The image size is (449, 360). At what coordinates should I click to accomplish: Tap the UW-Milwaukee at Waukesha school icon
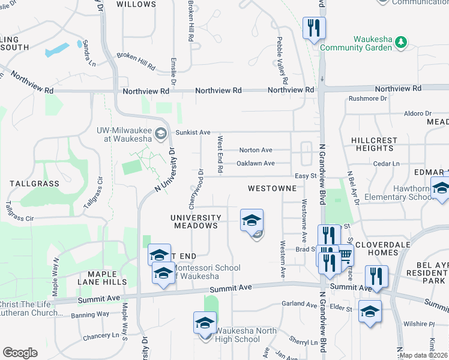point(160,134)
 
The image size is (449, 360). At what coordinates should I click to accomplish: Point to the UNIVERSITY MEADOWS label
point(195,221)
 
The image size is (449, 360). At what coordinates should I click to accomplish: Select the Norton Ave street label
point(256,150)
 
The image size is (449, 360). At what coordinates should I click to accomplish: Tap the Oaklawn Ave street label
point(256,163)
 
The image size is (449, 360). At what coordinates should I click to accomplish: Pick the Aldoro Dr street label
point(418,113)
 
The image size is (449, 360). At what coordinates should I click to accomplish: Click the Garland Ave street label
point(298,304)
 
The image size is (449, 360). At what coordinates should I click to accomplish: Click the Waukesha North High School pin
point(205,324)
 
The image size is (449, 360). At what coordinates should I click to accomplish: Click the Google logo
point(20,353)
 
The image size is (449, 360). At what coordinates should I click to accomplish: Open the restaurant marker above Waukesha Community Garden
point(314,28)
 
